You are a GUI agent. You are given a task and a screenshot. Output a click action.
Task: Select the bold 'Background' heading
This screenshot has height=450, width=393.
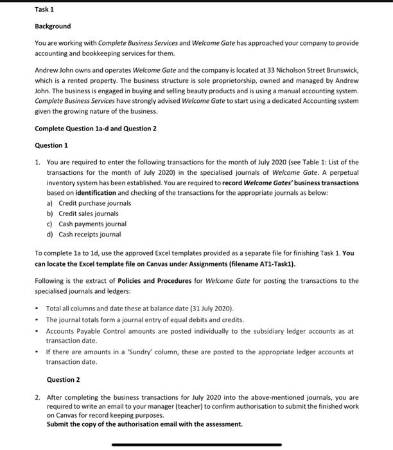[53, 26]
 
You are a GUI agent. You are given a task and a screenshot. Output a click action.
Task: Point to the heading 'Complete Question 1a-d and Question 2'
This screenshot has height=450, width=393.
[96, 128]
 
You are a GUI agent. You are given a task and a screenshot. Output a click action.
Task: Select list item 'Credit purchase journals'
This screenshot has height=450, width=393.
[94, 203]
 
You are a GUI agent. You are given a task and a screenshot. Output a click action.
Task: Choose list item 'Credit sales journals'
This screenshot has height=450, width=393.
[89, 213]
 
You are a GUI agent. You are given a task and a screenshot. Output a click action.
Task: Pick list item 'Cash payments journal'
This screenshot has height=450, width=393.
[92, 224]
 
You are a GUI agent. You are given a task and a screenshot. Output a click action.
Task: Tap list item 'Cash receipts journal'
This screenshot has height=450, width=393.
[90, 234]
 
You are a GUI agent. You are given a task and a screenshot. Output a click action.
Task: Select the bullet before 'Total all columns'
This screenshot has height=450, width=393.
[37, 309]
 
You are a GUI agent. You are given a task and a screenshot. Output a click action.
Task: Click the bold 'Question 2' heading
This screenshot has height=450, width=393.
[64, 380]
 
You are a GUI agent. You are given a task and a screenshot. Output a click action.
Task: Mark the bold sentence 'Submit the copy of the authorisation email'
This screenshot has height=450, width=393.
[145, 424]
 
